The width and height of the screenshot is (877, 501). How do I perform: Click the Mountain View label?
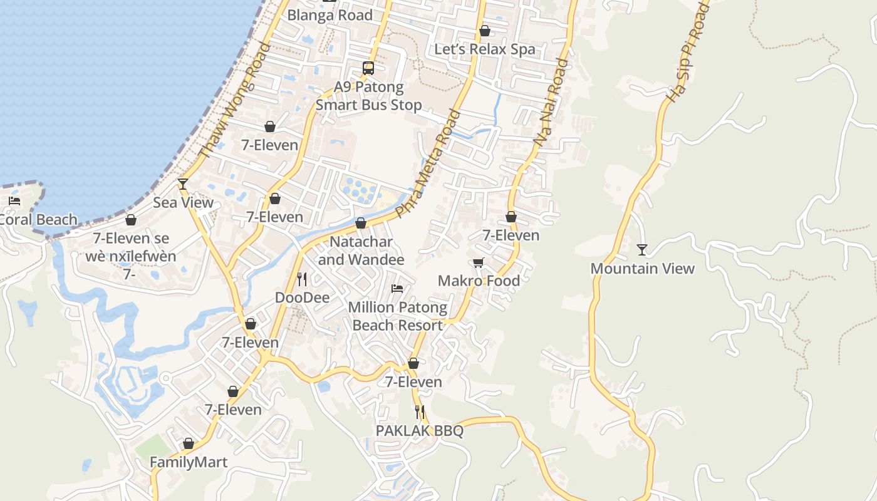[x=642, y=269]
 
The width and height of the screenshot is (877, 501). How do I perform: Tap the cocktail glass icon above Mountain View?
[x=642, y=250]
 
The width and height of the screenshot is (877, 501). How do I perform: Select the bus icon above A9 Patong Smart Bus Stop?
[x=368, y=68]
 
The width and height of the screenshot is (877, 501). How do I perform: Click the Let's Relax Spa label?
[x=485, y=49]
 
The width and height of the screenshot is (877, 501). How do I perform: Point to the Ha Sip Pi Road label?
[x=687, y=52]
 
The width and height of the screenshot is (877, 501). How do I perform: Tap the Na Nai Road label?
[x=551, y=103]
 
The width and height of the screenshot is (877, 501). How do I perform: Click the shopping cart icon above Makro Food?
[x=479, y=262]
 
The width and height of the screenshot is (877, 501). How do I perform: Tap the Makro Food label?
[x=479, y=281]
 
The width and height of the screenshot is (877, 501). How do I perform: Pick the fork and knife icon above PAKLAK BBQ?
[x=420, y=412]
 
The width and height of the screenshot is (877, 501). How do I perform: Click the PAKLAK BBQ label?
[x=420, y=431]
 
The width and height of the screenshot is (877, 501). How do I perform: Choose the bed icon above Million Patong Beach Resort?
[x=397, y=289]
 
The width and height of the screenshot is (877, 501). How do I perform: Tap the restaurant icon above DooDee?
[x=302, y=279]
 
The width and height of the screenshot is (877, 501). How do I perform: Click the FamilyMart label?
[x=189, y=462]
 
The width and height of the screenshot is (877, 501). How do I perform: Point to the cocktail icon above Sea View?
[x=183, y=183]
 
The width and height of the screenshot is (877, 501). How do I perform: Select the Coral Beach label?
[x=38, y=220]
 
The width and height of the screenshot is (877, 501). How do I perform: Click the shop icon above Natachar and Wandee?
[x=361, y=223]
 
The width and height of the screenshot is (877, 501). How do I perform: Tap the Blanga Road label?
[x=330, y=15]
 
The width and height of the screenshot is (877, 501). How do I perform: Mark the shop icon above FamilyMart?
[x=189, y=443]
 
